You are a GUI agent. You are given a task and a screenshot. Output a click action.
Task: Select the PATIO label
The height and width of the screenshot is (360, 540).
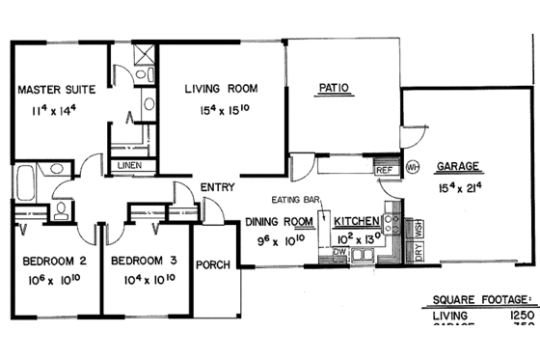[x=333, y=89]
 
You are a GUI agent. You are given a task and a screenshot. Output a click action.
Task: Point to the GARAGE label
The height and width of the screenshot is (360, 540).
[x=456, y=165]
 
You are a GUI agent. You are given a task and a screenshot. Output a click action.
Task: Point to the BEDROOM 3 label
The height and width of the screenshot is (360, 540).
[x=143, y=260]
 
